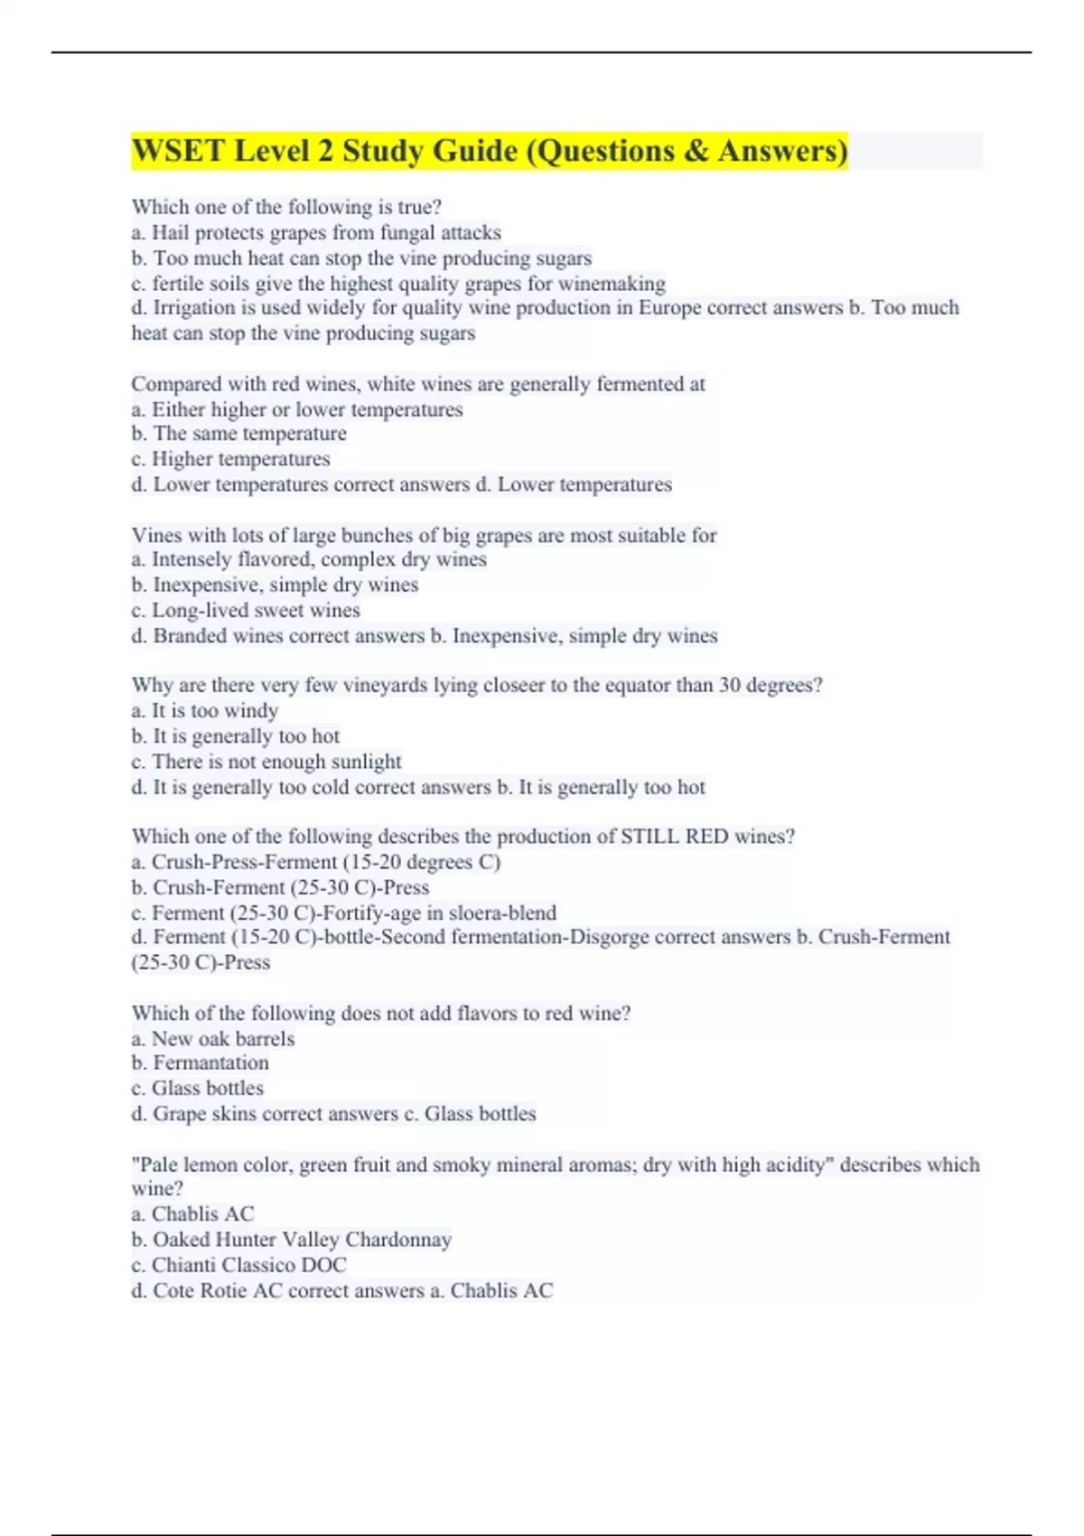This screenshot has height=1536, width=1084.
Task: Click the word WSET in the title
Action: (x=177, y=151)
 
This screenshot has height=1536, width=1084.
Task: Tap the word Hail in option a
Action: (x=170, y=233)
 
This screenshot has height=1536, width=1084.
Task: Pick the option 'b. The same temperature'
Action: (x=238, y=434)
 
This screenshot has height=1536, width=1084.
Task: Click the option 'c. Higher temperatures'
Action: (x=230, y=459)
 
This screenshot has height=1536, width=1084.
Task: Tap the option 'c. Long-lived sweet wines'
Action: (x=246, y=611)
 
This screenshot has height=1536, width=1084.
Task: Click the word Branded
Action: (x=190, y=636)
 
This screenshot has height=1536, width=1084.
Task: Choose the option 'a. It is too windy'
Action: (x=204, y=711)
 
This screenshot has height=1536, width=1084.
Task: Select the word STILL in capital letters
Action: (x=649, y=837)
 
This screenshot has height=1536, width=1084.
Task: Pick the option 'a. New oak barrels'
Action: (x=212, y=1039)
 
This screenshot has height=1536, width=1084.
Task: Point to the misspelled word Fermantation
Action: (x=210, y=1063)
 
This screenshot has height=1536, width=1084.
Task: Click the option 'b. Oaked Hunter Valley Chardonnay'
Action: (x=291, y=1240)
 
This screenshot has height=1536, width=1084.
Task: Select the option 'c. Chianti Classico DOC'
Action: (x=238, y=1265)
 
